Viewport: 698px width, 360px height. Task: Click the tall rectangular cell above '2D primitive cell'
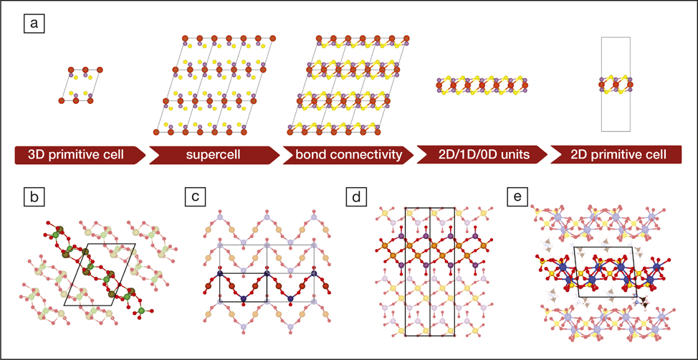coord(616,85)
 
